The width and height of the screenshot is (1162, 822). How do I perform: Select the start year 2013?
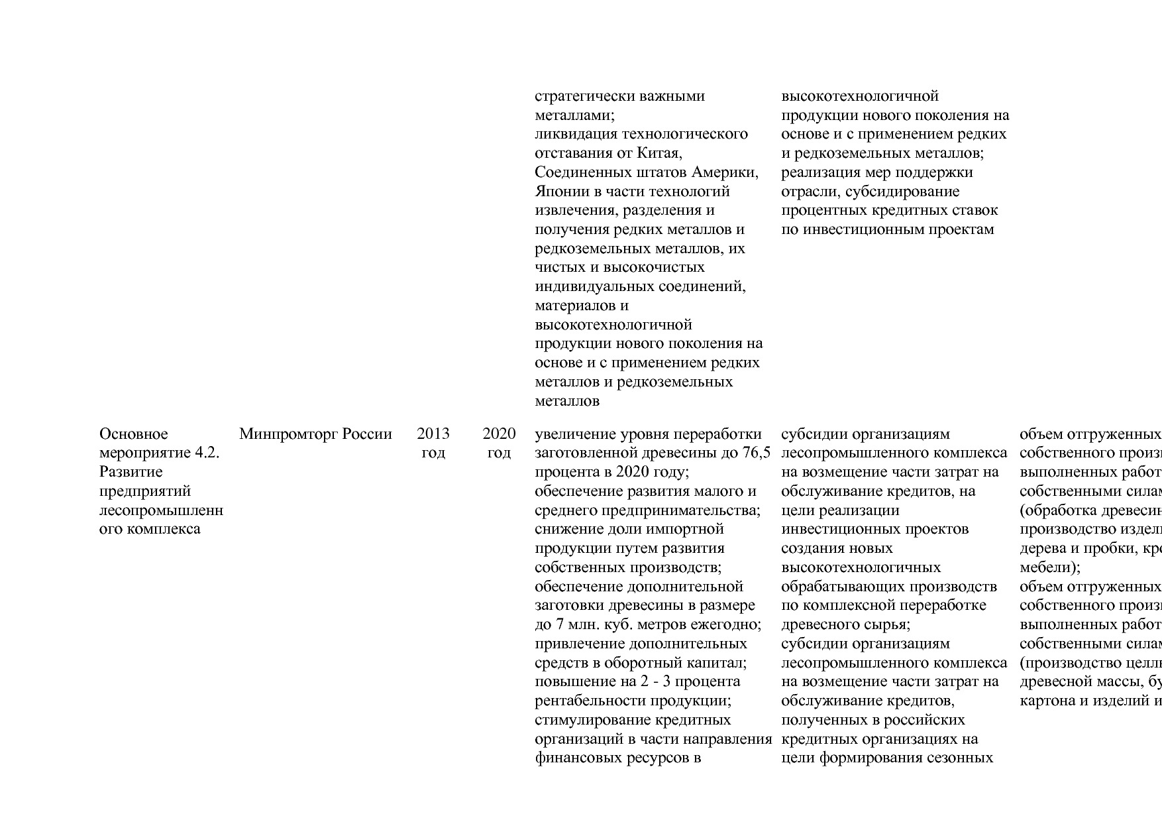[x=433, y=434]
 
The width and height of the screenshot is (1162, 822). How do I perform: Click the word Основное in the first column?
[x=133, y=434]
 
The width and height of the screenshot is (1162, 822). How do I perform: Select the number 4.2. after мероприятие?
[x=207, y=453]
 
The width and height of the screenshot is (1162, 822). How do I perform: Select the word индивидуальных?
[x=594, y=287]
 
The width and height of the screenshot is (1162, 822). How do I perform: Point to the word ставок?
[x=976, y=211]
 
